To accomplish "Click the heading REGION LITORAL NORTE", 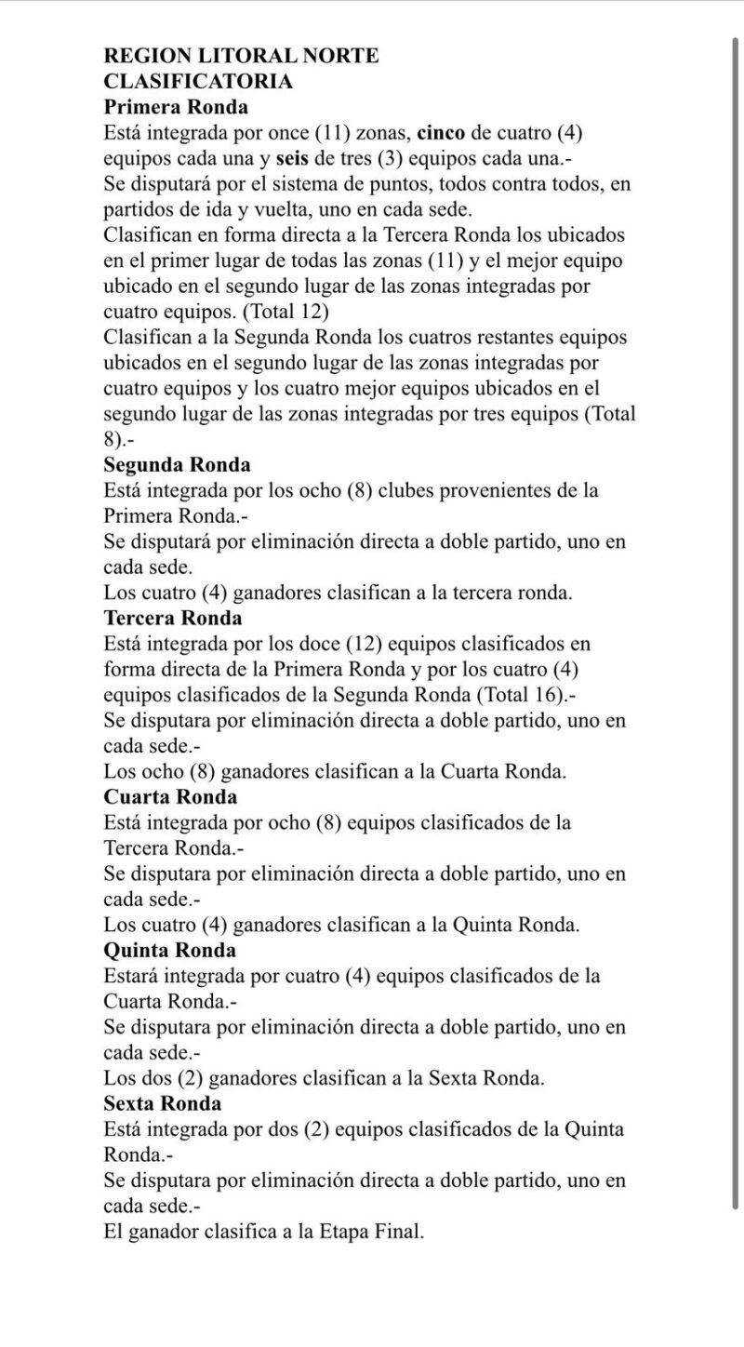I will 242,56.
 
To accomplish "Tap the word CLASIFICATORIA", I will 198,82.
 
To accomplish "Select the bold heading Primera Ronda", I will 176,107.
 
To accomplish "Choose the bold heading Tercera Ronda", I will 173,618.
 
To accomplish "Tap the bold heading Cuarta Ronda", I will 171,797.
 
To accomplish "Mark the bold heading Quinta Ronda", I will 170,950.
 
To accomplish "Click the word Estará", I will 134,976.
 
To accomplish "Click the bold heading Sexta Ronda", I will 163,1104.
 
